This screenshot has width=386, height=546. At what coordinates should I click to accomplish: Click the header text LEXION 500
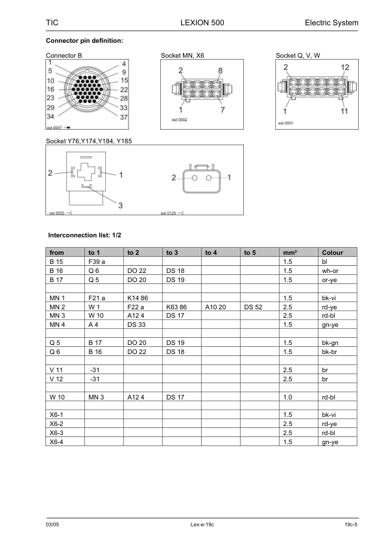point(193,23)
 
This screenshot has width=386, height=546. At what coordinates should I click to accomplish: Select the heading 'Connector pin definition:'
point(84,41)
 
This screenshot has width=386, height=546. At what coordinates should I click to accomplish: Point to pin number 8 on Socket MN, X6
point(221,70)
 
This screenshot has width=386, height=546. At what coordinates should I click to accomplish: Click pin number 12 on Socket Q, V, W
point(344,67)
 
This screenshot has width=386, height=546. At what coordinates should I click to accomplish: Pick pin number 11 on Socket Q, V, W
point(344,110)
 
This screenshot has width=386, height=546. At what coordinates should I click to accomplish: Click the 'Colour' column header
point(332,252)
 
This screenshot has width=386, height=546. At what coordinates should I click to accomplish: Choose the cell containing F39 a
point(97,261)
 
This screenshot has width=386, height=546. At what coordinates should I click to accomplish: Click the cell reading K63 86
point(176,306)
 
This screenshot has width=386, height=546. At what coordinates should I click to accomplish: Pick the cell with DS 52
point(254,306)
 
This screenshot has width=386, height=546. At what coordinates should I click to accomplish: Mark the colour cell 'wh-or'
point(330,270)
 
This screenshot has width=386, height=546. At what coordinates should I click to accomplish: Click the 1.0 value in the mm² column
point(289,396)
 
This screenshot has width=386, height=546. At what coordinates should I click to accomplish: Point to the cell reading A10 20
point(216,306)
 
